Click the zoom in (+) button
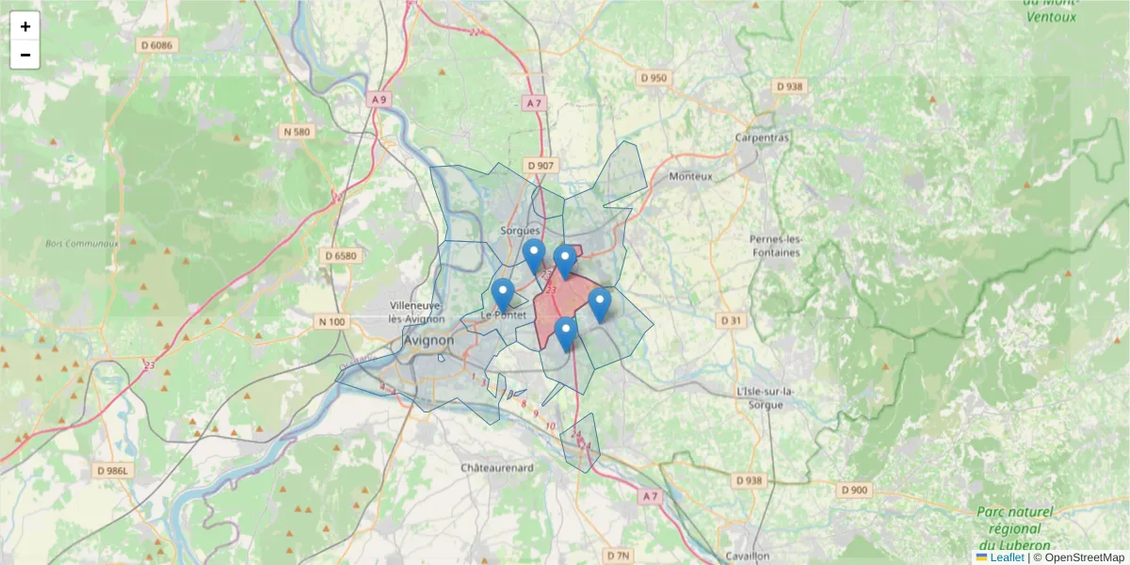pyautogui.click(x=25, y=26)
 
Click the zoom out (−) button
pyautogui.click(x=25, y=55)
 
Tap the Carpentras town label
pyautogui.click(x=762, y=137)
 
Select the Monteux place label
pyautogui.click(x=691, y=176)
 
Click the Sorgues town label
pyautogui.click(x=521, y=231)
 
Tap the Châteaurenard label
pyautogui.click(x=497, y=468)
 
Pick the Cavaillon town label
pyautogui.click(x=749, y=556)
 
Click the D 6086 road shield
pyautogui.click(x=157, y=45)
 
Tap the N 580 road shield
pyautogui.click(x=297, y=132)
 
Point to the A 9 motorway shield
pyautogui.click(x=379, y=99)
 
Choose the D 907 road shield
pyautogui.click(x=541, y=166)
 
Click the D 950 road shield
pyautogui.click(x=653, y=77)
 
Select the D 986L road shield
pyautogui.click(x=116, y=469)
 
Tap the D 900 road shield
pyautogui.click(x=855, y=490)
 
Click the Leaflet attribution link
pyautogui.click(x=1007, y=557)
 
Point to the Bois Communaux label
pyautogui.click(x=82, y=243)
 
